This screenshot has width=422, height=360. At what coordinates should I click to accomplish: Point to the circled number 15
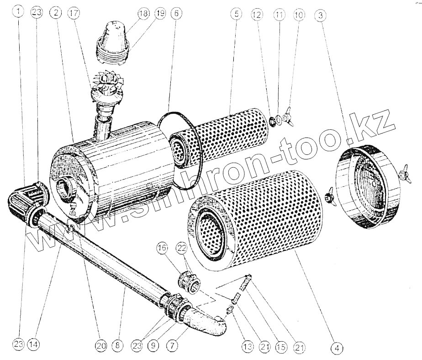click(x=281, y=347)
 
